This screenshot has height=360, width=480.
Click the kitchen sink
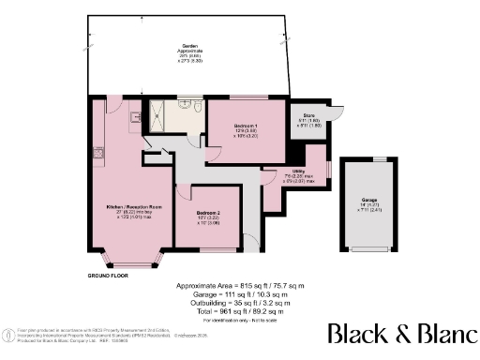pos(135,116)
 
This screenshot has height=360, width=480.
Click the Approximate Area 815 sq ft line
pos(240,285)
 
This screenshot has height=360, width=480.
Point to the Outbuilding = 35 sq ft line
pos(240,303)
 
